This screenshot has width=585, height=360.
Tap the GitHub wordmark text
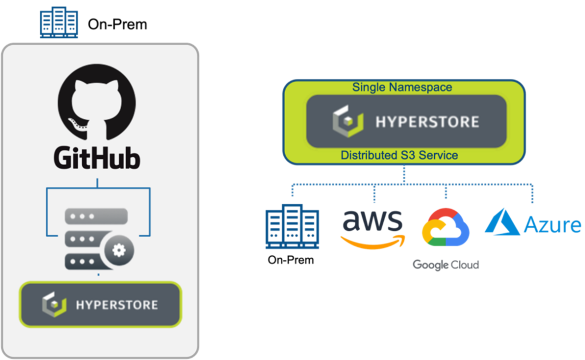[x=97, y=157]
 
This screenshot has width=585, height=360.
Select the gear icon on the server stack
[x=119, y=249]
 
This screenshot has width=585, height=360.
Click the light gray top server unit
[x=96, y=216]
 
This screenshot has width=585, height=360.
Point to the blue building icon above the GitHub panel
[x=59, y=23]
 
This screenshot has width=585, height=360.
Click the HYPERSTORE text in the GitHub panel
[x=117, y=305]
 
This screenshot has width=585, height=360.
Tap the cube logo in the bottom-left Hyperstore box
[x=54, y=305]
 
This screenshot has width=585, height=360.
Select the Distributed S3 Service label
[x=399, y=155]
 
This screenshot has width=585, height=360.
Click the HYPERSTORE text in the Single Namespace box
[x=427, y=122]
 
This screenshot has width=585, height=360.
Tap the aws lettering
[x=372, y=220]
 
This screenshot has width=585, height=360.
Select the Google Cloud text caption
[x=446, y=265]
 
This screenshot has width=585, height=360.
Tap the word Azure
[x=552, y=225]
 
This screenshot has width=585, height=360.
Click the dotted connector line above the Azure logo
[x=533, y=194]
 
